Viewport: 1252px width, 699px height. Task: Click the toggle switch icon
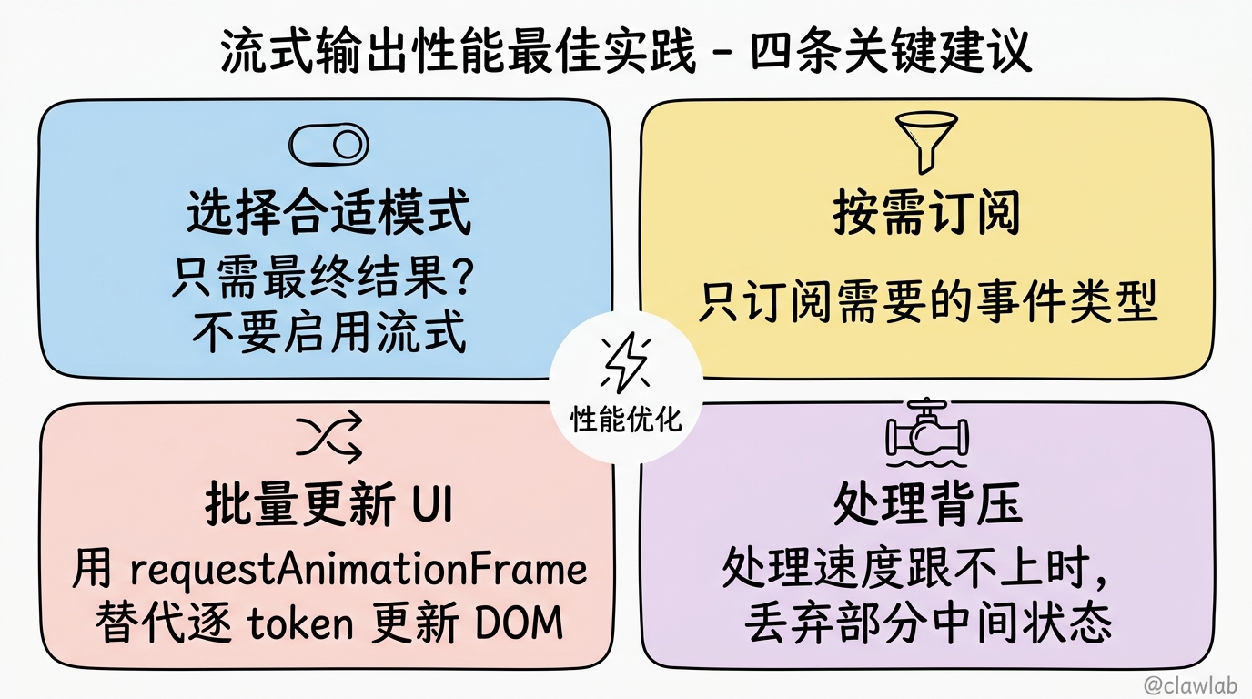click(x=328, y=145)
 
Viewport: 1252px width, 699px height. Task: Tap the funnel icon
click(x=926, y=142)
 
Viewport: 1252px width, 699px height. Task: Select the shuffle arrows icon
click(x=329, y=437)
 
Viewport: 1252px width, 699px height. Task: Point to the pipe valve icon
click(x=927, y=432)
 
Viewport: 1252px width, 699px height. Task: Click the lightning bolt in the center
click(x=625, y=362)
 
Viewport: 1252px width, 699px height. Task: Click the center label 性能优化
click(x=626, y=419)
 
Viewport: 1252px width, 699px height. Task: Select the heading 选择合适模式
click(x=328, y=212)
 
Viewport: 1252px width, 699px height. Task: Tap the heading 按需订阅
click(x=926, y=212)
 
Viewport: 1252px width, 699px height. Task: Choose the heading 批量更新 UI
click(x=328, y=503)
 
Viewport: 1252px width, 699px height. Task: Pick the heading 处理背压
click(x=927, y=503)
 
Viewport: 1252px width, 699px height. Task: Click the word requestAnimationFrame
click(x=358, y=570)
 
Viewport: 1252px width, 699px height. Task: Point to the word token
click(x=300, y=623)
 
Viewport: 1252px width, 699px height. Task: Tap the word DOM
click(x=520, y=623)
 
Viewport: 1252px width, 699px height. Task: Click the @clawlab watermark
click(x=1190, y=684)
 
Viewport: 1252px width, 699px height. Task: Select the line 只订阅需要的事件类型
click(x=928, y=302)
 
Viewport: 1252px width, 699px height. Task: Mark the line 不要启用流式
click(x=329, y=332)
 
